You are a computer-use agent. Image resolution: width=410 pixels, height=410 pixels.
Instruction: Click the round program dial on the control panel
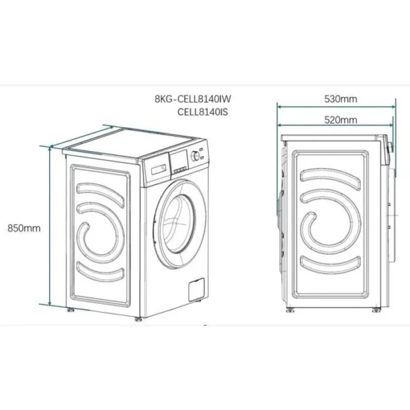click(197, 155)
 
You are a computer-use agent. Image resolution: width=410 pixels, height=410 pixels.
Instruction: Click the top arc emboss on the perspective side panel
click(100, 189)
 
